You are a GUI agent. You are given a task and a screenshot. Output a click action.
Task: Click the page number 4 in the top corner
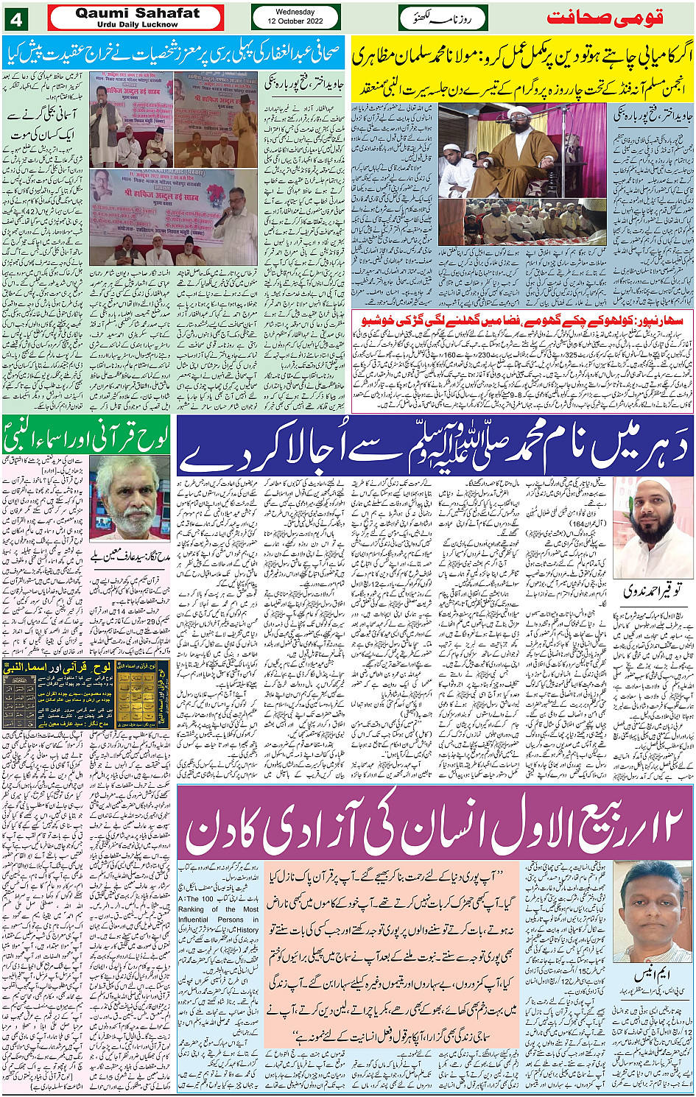click(15, 17)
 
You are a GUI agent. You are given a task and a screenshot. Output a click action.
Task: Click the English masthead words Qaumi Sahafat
click(138, 13)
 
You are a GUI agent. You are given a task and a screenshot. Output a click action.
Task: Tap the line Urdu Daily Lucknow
click(138, 24)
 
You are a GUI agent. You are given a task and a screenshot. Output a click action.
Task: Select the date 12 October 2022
click(295, 21)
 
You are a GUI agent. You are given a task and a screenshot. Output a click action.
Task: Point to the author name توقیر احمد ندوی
click(651, 590)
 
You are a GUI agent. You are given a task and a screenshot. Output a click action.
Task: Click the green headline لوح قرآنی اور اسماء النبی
click(87, 437)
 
